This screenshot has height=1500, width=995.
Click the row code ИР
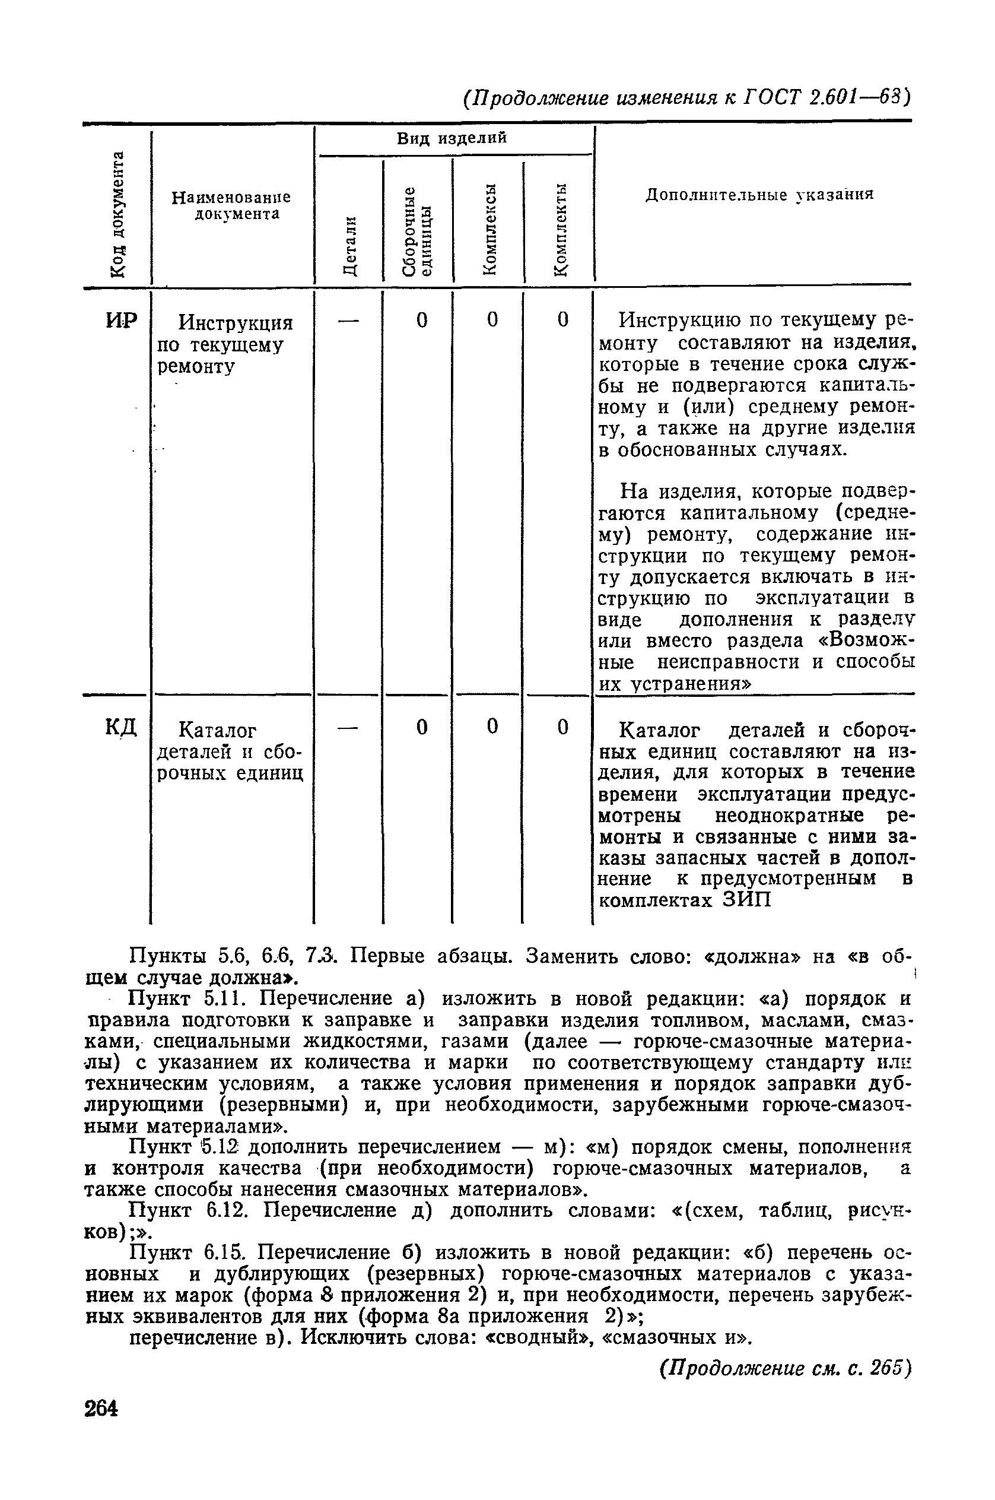pyautogui.click(x=121, y=321)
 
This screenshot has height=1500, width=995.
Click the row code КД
pyautogui.click(x=120, y=728)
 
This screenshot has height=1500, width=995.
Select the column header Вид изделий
pyautogui.click(x=452, y=138)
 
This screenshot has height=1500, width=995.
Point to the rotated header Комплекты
pyautogui.click(x=559, y=229)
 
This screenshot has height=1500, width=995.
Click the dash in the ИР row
pyautogui.click(x=348, y=321)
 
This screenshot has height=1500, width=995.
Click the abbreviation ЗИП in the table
pyautogui.click(x=747, y=900)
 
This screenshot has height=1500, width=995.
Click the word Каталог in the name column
pyautogui.click(x=217, y=731)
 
